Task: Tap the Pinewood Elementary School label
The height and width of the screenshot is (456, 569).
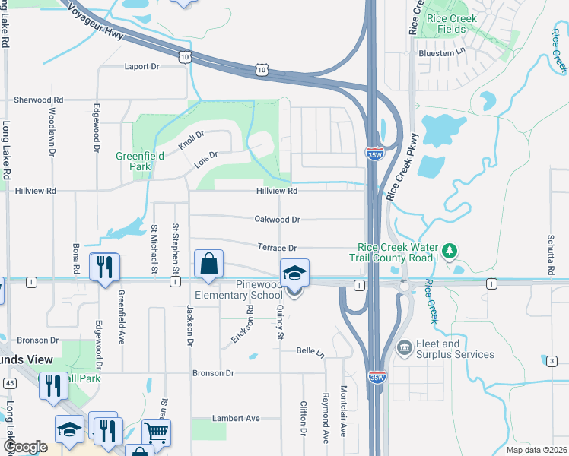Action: click(248, 289)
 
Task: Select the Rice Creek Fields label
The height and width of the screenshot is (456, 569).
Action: click(452, 24)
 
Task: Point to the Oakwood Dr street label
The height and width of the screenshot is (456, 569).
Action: click(278, 219)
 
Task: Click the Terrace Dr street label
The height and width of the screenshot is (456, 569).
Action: click(276, 248)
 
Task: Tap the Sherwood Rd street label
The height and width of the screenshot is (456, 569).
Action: click(39, 100)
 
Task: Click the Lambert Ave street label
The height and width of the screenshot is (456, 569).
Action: click(237, 418)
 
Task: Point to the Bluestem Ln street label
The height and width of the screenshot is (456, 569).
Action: click(441, 53)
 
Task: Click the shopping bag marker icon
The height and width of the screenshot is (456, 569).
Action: click(208, 264)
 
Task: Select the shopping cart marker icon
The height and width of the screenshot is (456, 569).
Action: click(156, 432)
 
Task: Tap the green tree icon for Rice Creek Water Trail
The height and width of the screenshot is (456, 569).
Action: click(450, 250)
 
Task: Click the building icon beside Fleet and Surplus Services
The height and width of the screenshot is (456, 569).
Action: click(404, 349)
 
